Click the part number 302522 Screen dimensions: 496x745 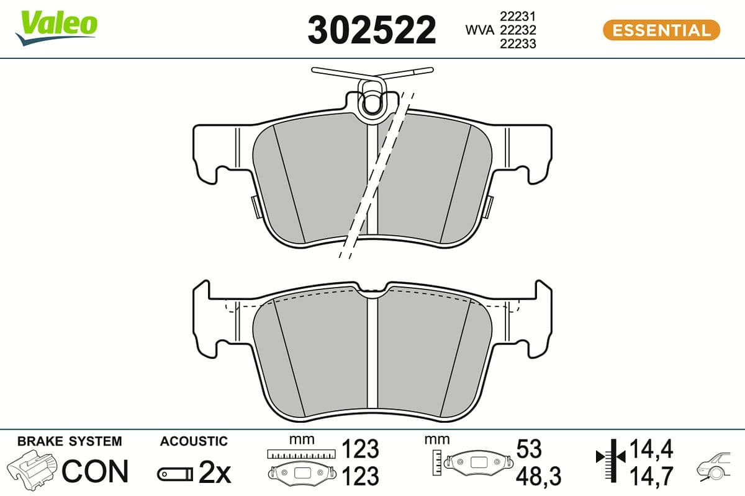point(372,30)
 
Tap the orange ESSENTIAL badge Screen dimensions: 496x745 point(661,30)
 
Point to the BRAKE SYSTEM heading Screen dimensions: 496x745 point(70,441)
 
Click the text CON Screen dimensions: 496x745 point(95,471)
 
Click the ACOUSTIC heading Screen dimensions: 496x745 point(194,441)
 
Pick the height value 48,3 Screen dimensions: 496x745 point(538,476)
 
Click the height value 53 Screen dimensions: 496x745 point(528,449)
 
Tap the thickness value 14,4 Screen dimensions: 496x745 point(651,448)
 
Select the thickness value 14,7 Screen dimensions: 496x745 point(651,476)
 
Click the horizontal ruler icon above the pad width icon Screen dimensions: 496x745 point(300,454)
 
